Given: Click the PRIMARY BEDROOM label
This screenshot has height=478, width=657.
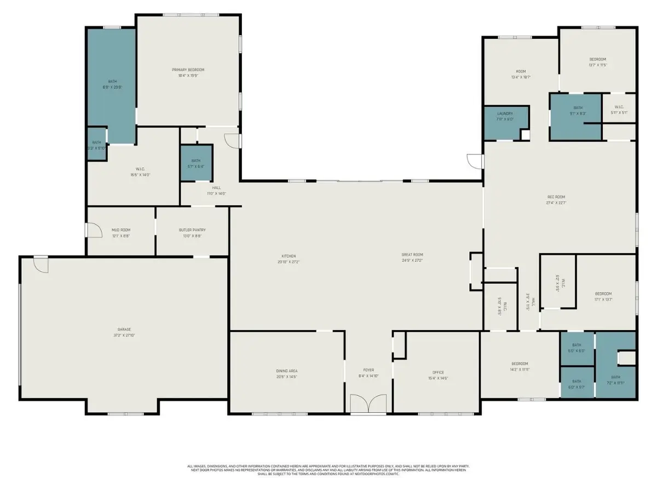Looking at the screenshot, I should [188, 70].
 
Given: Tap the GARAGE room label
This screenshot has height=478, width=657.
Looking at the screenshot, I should [123, 329].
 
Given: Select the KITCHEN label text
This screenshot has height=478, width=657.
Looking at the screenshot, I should [289, 256].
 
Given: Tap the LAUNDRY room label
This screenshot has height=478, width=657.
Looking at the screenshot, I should [505, 113].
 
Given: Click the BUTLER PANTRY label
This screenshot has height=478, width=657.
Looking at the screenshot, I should [192, 230].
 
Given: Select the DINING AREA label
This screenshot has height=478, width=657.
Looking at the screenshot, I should [287, 371].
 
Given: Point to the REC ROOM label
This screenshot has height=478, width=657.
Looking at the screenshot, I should [556, 197].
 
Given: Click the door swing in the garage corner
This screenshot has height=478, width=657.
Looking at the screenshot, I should [41, 264].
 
